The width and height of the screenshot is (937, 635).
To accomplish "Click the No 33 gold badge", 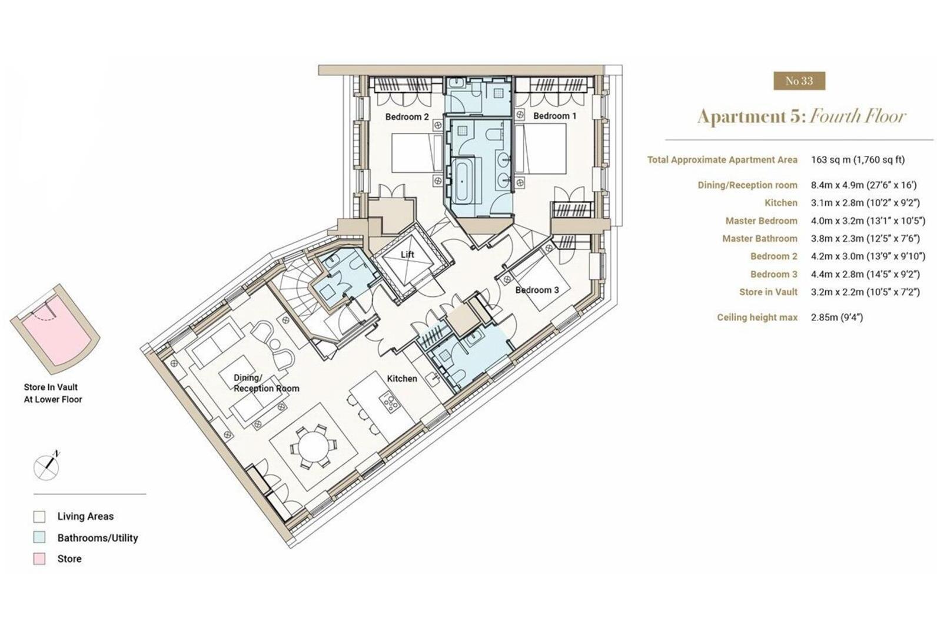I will pos(799,81).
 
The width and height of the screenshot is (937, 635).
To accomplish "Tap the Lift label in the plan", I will pos(407,255).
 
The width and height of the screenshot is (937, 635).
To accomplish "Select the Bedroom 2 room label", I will pos(407,116).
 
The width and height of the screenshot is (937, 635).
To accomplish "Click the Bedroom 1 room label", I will pos(554,116).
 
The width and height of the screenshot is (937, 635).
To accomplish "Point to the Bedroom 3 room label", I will pos(537,290).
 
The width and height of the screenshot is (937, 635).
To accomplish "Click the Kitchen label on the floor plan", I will pos(402,379).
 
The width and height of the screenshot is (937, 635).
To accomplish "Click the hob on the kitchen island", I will pos(390,402).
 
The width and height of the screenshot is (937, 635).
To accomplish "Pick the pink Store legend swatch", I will pos(39,559).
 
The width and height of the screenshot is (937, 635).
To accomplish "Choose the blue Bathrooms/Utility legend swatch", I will pos(39,538).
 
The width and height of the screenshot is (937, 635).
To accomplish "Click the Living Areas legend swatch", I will pos(39,517).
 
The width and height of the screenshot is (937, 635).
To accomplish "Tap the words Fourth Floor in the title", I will pos(858,116).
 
